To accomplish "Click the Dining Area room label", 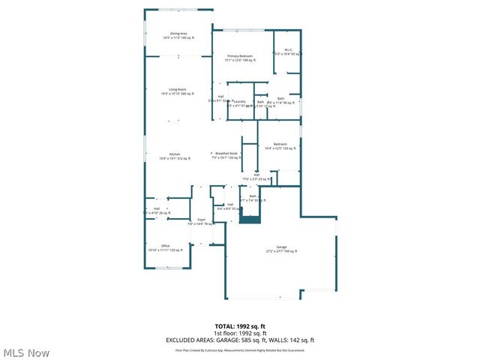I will [x=178, y=35].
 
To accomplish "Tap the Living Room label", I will [x=177, y=91].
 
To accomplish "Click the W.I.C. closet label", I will [x=287, y=52].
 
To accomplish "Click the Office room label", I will [x=165, y=247].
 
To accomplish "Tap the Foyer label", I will [x=202, y=221].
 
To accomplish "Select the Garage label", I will [x=281, y=249].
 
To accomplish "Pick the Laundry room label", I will [x=241, y=103].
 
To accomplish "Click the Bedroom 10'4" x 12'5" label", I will [x=280, y=146].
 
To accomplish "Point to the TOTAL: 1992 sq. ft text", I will [x=240, y=326].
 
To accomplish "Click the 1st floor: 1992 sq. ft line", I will [x=240, y=333].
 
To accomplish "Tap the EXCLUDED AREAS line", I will [x=240, y=340].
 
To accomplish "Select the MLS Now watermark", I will [x=27, y=352].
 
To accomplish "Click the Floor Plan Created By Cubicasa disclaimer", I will [x=240, y=349].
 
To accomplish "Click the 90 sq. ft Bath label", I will [x=281, y=100].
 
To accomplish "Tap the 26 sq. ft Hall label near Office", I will [x=157, y=211].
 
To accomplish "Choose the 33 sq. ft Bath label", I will [x=253, y=198].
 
